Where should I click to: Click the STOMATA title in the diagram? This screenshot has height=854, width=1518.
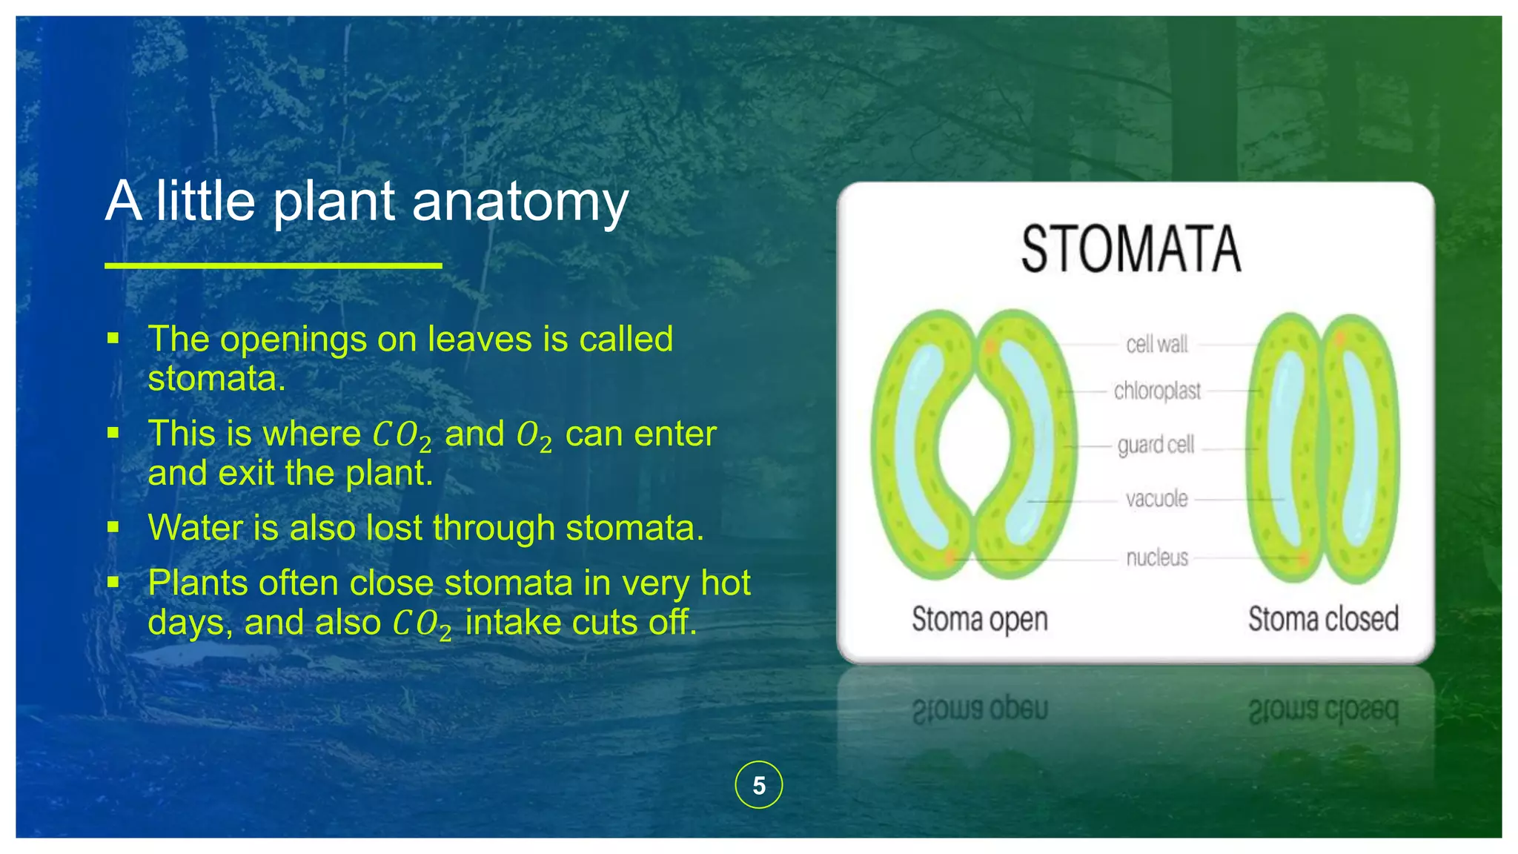coord(1130,250)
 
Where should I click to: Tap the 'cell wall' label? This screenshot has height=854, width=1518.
coord(1156,344)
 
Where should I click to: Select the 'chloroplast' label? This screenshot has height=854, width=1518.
coord(1157,391)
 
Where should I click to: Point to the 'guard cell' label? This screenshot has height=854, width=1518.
coord(1156,445)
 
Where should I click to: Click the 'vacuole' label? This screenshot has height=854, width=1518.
coord(1156,499)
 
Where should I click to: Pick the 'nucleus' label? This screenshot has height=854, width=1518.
coord(1157,557)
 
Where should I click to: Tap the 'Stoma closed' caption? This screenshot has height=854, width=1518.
coord(1323,619)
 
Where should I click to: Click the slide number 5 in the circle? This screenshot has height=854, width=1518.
coord(758,785)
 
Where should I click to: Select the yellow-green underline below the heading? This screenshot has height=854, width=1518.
coord(273,265)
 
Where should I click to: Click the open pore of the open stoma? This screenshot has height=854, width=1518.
coord(974,445)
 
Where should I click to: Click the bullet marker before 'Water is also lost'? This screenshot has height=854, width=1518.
coord(113,527)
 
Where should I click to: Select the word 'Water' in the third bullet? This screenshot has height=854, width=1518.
coord(195,528)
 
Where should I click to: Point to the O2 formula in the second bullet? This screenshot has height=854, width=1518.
coord(534,436)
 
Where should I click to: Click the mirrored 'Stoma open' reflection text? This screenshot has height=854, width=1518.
coord(979,709)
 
